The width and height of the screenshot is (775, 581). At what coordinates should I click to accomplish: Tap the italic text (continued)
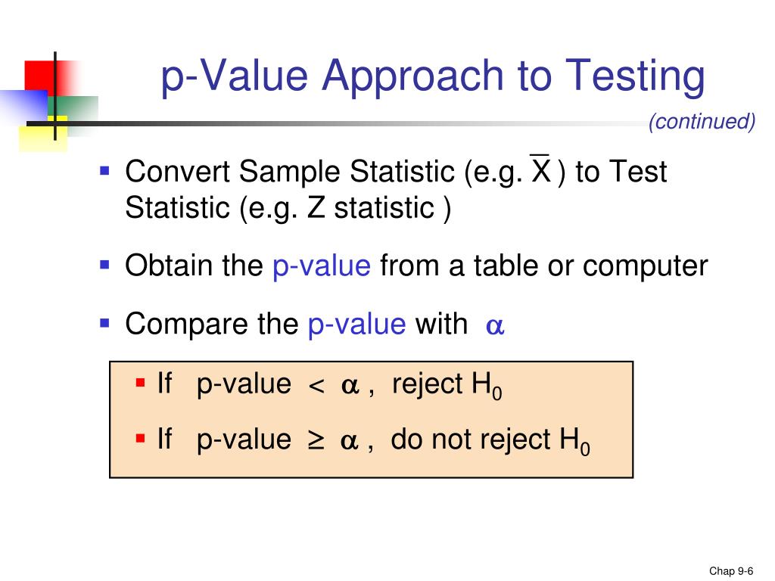(x=702, y=122)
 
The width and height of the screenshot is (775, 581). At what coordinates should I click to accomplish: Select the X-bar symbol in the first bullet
(x=540, y=171)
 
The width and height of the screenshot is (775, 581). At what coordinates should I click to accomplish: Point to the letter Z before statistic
(x=316, y=208)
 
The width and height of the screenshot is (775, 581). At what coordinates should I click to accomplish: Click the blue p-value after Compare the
(x=357, y=325)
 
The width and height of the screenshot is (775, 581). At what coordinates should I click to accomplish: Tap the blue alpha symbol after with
(x=495, y=326)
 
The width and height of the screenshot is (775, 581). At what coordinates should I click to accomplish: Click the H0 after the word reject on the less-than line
(x=487, y=387)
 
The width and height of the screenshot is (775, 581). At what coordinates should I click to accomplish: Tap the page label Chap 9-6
(x=731, y=571)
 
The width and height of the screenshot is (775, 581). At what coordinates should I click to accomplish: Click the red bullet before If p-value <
(x=140, y=383)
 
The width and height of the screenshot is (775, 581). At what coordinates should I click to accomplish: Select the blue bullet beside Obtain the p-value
(x=105, y=265)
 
